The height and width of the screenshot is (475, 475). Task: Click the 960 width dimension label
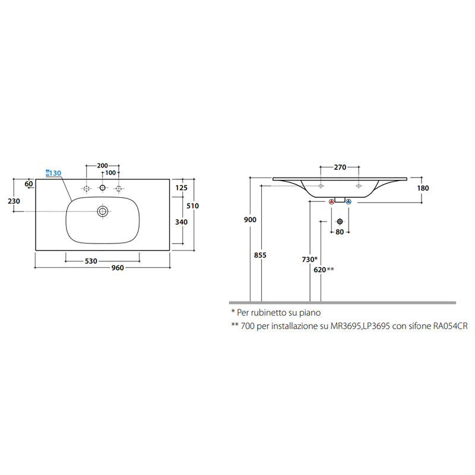(x=118, y=268)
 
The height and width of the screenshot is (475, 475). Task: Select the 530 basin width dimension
(x=91, y=261)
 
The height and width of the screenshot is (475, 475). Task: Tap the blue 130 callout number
(x=55, y=173)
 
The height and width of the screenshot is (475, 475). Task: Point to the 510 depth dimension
(x=192, y=206)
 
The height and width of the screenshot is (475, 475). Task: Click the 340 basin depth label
(x=182, y=222)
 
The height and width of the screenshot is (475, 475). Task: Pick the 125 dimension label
(x=182, y=188)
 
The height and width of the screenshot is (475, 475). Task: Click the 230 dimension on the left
(x=14, y=201)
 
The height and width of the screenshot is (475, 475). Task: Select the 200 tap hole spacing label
(x=102, y=166)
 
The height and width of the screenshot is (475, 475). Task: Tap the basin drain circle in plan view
(x=103, y=211)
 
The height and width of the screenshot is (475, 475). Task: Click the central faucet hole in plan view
(x=102, y=188)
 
